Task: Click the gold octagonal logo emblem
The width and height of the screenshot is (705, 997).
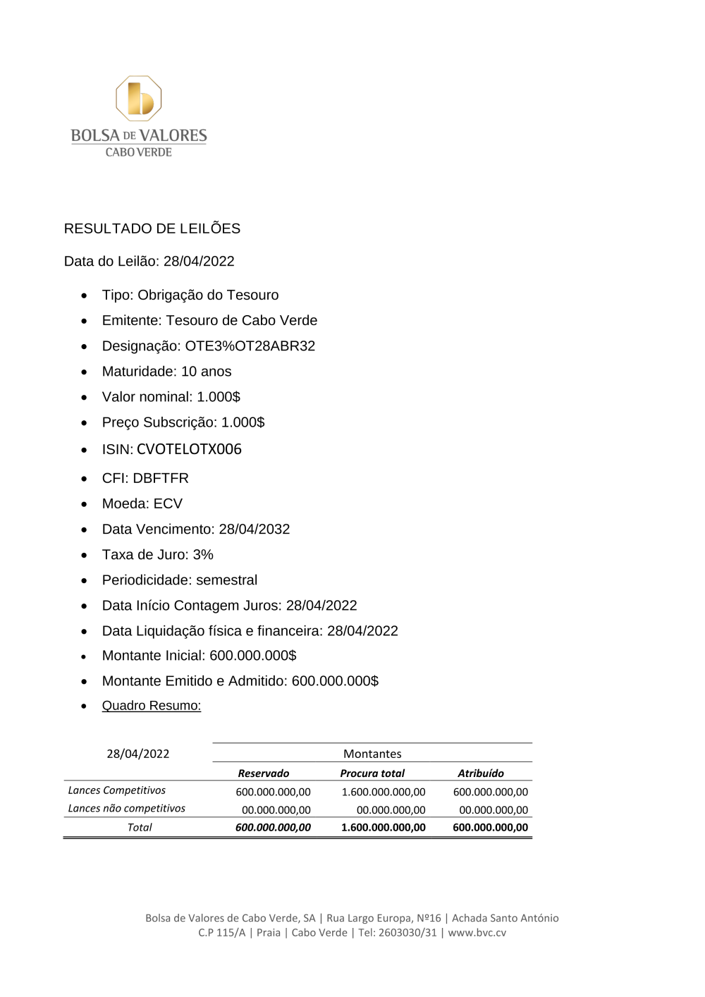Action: click(x=139, y=99)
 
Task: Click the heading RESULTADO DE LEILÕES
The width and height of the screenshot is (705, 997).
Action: click(x=152, y=228)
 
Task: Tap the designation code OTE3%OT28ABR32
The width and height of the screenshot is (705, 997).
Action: click(x=250, y=346)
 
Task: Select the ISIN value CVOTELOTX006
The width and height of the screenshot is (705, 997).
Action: click(x=189, y=449)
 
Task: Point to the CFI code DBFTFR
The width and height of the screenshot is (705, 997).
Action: click(x=161, y=478)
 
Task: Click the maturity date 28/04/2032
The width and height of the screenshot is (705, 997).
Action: click(x=254, y=530)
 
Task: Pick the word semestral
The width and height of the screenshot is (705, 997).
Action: click(x=226, y=580)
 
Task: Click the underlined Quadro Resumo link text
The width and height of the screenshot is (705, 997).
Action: click(x=152, y=706)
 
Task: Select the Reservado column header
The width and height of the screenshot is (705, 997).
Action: click(x=264, y=773)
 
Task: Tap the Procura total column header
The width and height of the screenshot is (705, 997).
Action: click(x=372, y=773)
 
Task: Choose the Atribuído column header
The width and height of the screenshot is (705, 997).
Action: click(x=481, y=773)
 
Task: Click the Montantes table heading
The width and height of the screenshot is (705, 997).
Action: click(x=372, y=754)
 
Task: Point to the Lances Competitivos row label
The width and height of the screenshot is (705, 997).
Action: click(x=117, y=790)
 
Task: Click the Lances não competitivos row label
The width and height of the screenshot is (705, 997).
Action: click(x=127, y=809)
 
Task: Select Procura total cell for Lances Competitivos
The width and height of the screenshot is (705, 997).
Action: click(x=384, y=792)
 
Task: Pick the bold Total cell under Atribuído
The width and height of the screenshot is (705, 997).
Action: click(x=490, y=828)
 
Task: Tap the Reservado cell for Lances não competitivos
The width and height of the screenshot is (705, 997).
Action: click(x=276, y=810)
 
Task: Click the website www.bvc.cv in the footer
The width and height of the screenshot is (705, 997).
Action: click(x=477, y=932)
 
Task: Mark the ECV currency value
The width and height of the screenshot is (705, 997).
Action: click(x=168, y=504)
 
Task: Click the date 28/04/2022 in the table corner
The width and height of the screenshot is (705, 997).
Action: click(x=138, y=754)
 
